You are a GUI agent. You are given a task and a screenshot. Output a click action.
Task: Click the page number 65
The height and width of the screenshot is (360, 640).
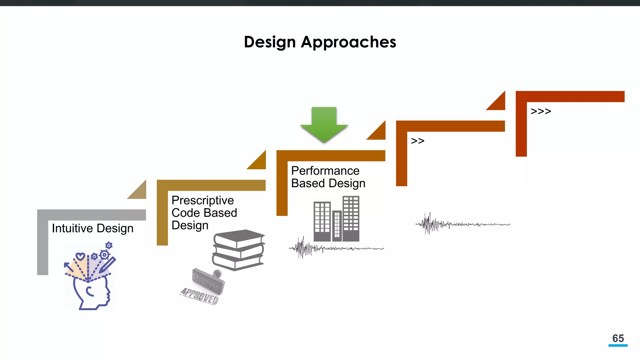click(x=618, y=338)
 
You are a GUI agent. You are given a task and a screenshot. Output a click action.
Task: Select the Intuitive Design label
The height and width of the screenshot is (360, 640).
click(x=92, y=228)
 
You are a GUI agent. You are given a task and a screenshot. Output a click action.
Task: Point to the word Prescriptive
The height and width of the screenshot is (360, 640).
click(x=202, y=200)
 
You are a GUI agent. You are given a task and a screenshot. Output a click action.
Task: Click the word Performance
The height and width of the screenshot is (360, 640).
click(x=325, y=171)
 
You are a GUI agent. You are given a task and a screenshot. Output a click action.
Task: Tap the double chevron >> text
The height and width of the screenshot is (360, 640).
click(x=417, y=141)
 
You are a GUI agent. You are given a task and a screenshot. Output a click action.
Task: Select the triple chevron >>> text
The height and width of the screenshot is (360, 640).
click(x=541, y=111)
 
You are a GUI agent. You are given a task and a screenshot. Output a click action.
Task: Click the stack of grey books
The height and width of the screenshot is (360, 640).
click(x=238, y=250)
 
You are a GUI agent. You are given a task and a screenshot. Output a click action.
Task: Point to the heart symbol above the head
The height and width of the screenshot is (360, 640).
click(x=80, y=257)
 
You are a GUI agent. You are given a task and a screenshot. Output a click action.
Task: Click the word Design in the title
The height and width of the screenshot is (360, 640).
click(x=270, y=42)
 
